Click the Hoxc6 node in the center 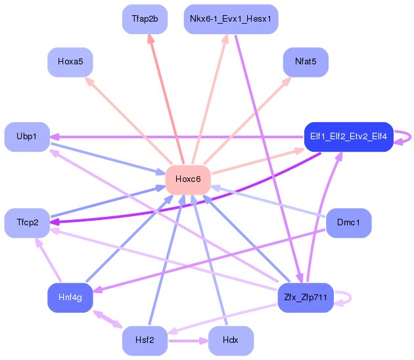pos(188,180)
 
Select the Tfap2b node pos(145,19)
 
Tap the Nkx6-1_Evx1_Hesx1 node pos(231,19)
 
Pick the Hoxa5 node pos(70,62)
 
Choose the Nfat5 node pos(306,62)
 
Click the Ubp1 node pos(27,137)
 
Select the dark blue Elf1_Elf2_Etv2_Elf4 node pos(349,137)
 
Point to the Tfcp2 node pos(27,223)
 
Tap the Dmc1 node pos(349,223)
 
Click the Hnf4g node pos(70,298)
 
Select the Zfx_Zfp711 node pos(306,298)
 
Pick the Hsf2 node pos(145,341)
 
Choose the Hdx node pos(231,341)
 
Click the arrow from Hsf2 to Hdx pos(188,341)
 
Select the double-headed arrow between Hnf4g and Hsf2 pos(108,319)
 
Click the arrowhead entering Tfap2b pos(150,39)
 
